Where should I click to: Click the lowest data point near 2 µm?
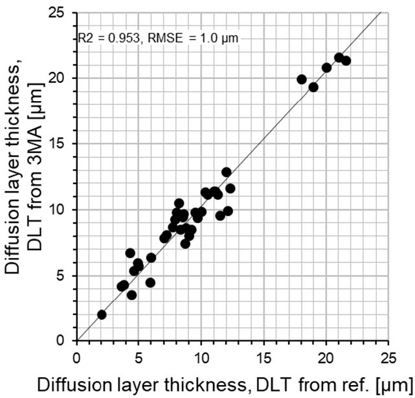(x=102, y=314)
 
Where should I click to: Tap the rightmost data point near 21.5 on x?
(x=346, y=60)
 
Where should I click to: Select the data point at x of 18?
(x=302, y=79)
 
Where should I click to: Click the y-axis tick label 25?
(x=63, y=12)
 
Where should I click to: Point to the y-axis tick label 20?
(x=63, y=78)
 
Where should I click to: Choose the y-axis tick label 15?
(x=63, y=144)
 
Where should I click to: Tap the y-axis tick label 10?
(x=63, y=210)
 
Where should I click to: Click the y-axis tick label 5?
(x=66, y=275)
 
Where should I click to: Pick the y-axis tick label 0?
(x=66, y=341)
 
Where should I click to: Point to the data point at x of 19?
(x=313, y=87)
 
